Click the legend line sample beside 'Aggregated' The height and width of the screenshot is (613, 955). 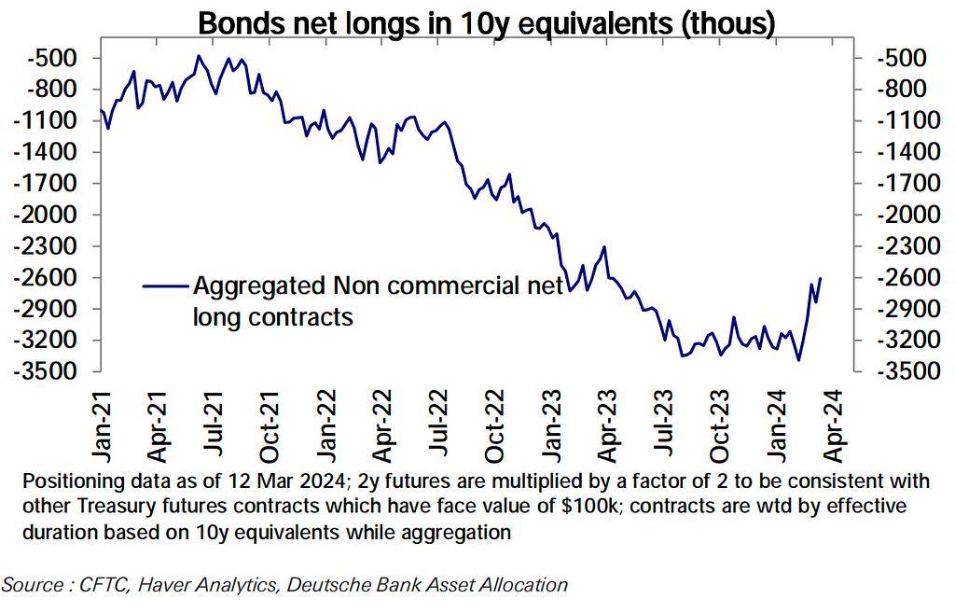point(164,286)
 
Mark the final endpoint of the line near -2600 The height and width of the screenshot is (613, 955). point(821,278)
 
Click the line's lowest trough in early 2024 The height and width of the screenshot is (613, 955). point(798,360)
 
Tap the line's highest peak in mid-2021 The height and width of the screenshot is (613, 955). point(198,56)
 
